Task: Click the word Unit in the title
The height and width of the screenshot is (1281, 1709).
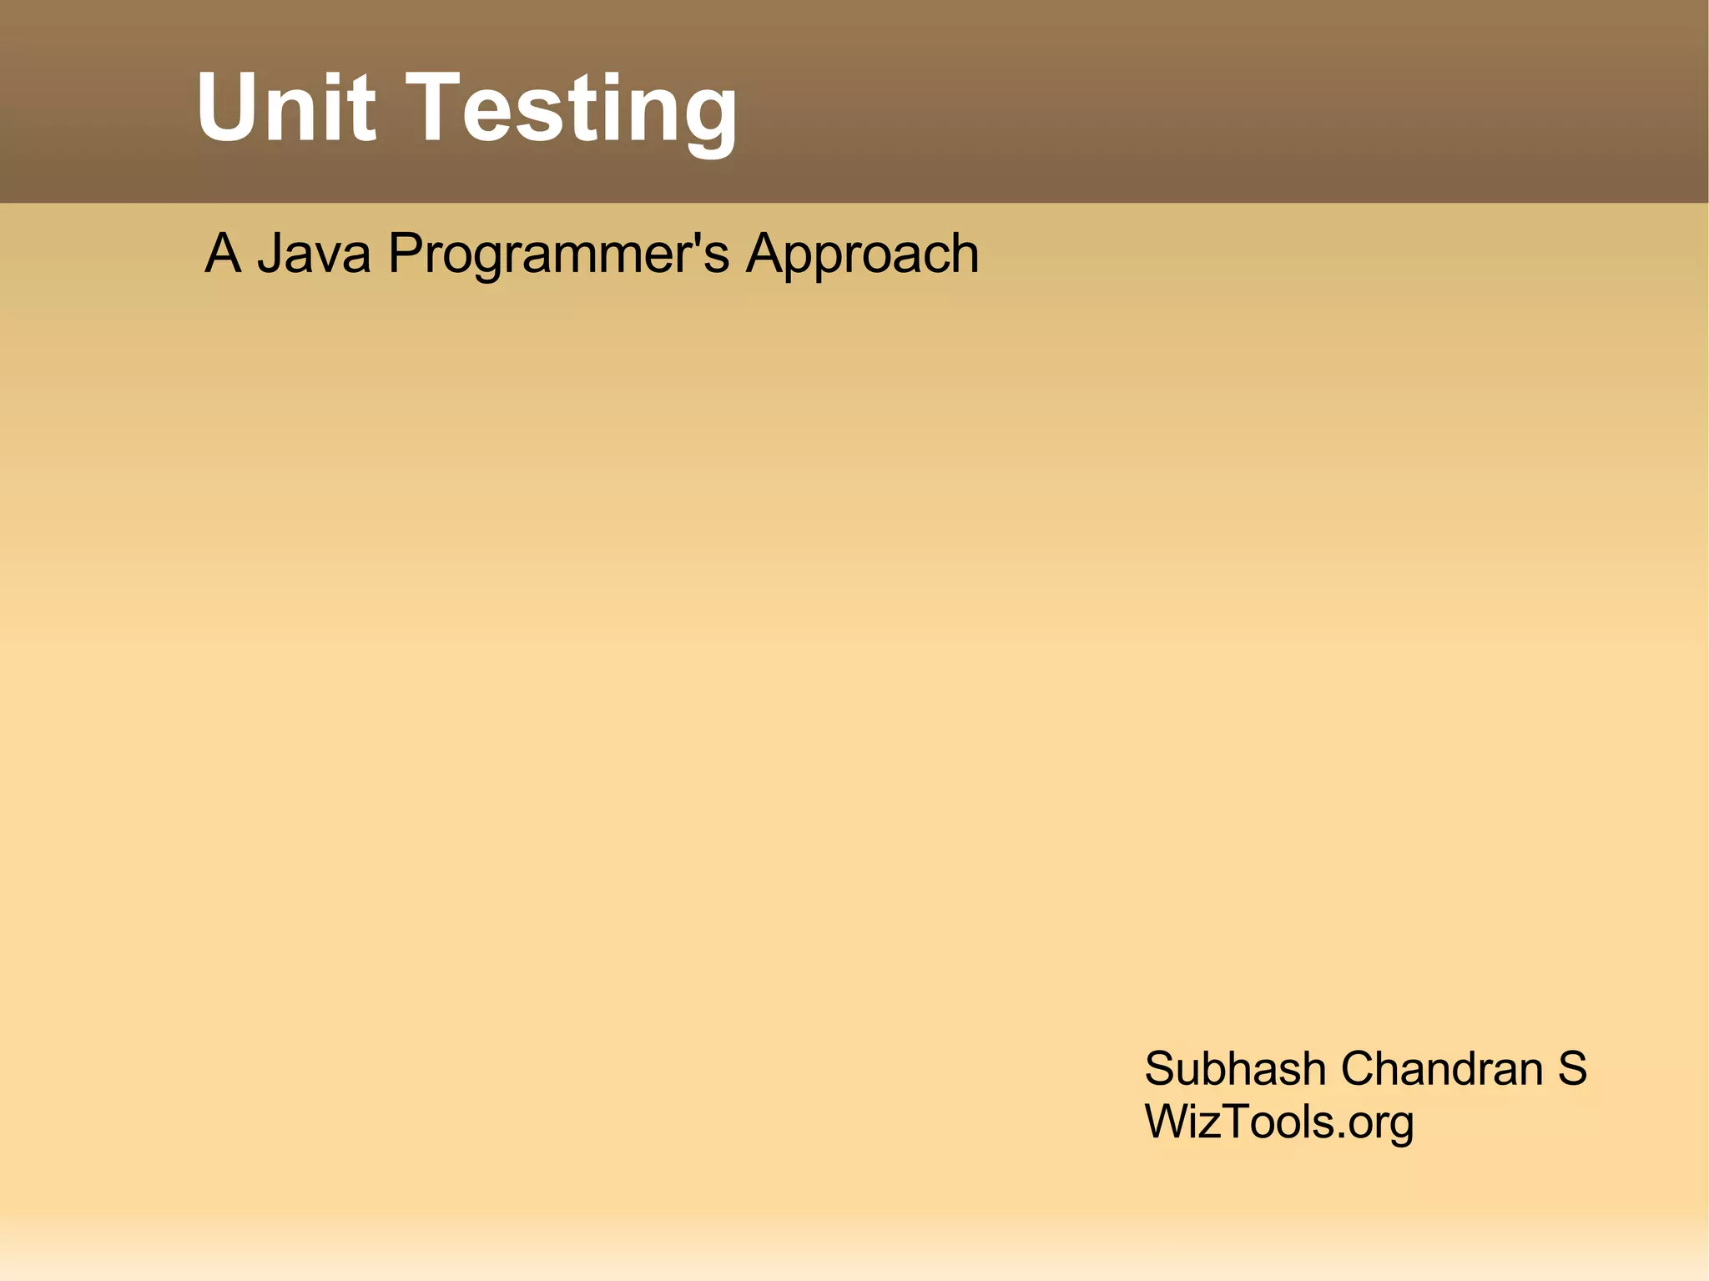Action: pos(285,108)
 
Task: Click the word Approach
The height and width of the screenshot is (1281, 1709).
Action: pos(863,255)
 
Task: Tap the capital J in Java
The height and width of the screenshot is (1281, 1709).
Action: pos(270,253)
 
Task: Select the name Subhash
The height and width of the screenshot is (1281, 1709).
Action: pos(1235,1069)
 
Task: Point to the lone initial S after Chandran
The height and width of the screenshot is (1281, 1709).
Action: pos(1572,1069)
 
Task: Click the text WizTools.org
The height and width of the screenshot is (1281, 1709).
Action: pos(1278,1122)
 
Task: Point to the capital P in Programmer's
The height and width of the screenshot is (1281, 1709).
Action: pos(406,253)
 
